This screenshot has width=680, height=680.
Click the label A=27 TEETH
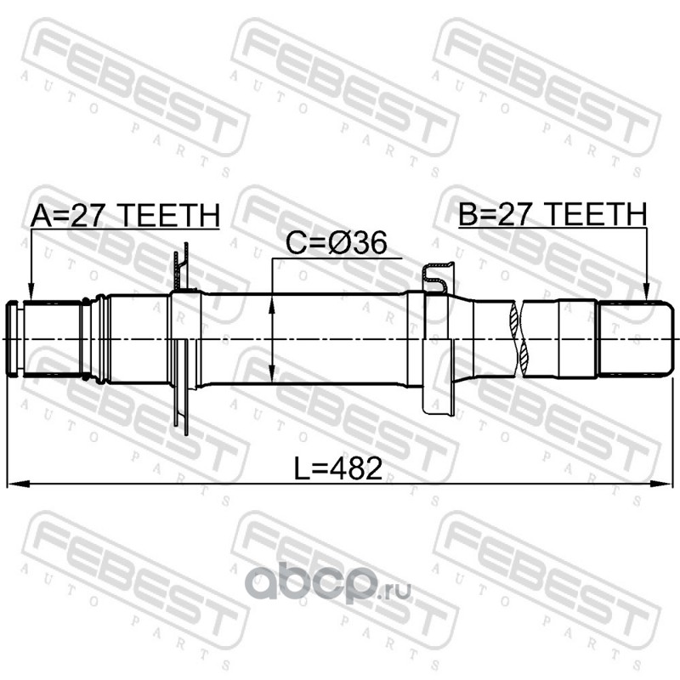(x=125, y=216)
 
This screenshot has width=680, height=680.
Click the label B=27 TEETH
(x=552, y=214)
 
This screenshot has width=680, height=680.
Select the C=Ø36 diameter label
(x=336, y=243)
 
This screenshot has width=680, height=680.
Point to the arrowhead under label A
(x=31, y=292)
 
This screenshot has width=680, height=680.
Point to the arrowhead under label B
(x=646, y=292)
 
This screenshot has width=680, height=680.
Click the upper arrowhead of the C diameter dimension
(x=272, y=305)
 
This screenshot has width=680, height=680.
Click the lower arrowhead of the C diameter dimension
(x=272, y=374)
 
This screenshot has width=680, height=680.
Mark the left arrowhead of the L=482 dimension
(x=18, y=484)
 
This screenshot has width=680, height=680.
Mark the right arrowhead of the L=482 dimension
(x=662, y=484)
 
